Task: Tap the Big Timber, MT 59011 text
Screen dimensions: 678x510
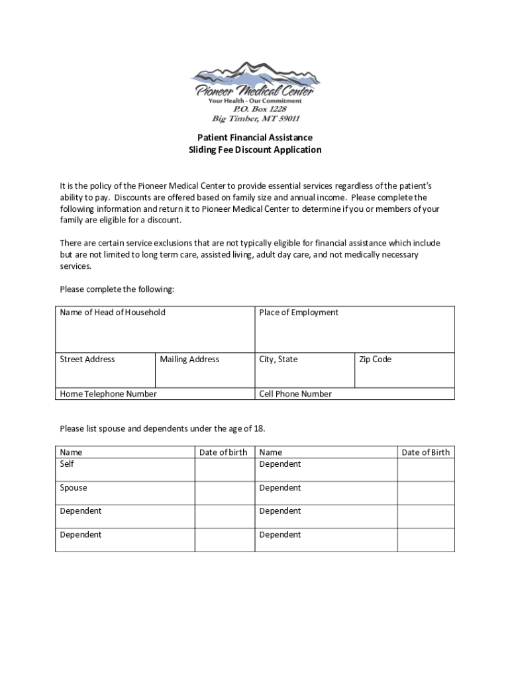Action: click(x=255, y=119)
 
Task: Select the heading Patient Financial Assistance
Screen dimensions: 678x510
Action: click(x=255, y=138)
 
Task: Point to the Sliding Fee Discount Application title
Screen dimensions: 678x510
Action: click(x=255, y=150)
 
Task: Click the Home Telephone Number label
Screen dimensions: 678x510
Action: click(x=109, y=394)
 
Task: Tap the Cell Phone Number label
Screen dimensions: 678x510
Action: click(x=295, y=394)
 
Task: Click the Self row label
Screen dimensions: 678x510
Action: click(x=67, y=464)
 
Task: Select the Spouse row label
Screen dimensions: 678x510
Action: click(x=74, y=488)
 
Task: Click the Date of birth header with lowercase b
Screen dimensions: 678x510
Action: click(x=223, y=452)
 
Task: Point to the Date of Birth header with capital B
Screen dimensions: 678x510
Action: click(x=425, y=452)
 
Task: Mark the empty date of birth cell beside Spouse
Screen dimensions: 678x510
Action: click(x=225, y=493)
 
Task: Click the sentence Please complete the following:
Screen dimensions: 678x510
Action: click(x=117, y=289)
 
